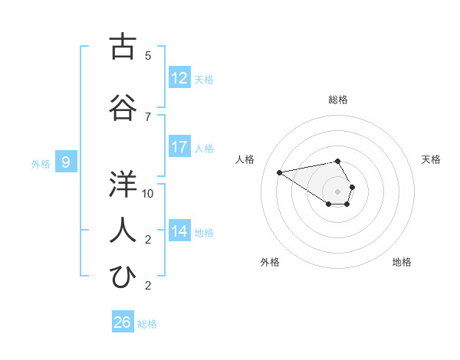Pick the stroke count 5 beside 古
pyautogui.click(x=148, y=56)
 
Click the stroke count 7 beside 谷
pyautogui.click(x=148, y=116)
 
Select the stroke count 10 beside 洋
pyautogui.click(x=148, y=194)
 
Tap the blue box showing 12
pyautogui.click(x=179, y=78)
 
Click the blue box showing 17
pyautogui.click(x=179, y=147)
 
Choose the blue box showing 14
pyautogui.click(x=179, y=231)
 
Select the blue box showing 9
pyautogui.click(x=66, y=162)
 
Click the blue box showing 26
pyautogui.click(x=123, y=322)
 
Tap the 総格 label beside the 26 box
pyautogui.click(x=147, y=324)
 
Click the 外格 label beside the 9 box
pyautogui.click(x=41, y=163)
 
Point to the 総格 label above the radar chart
pyautogui.click(x=337, y=100)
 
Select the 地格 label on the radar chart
pyautogui.click(x=402, y=262)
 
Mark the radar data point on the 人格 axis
pyautogui.click(x=280, y=172)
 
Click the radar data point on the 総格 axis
pyautogui.click(x=337, y=161)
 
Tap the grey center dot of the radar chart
pyautogui.click(x=337, y=191)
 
